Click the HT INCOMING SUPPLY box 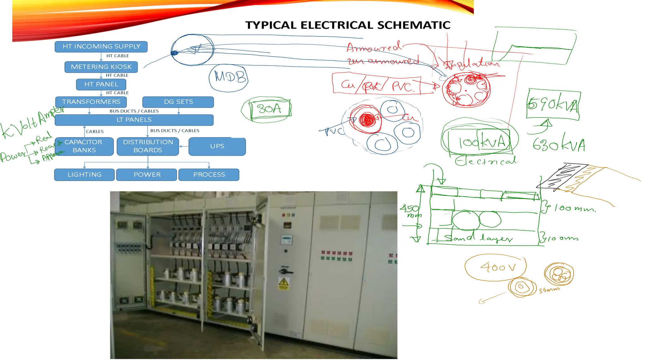[101, 47]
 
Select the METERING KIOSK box [101, 67]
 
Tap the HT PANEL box [101, 84]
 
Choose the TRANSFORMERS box [91, 102]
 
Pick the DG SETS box [178, 102]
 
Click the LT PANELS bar [134, 120]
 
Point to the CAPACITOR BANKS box [84, 146]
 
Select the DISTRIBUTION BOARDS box [148, 146]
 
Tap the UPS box [217, 146]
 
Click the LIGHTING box [84, 175]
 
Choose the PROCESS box [209, 175]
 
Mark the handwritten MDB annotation [229, 77]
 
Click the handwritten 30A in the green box [269, 109]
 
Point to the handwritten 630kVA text [559, 145]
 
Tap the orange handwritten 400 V [498, 267]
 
